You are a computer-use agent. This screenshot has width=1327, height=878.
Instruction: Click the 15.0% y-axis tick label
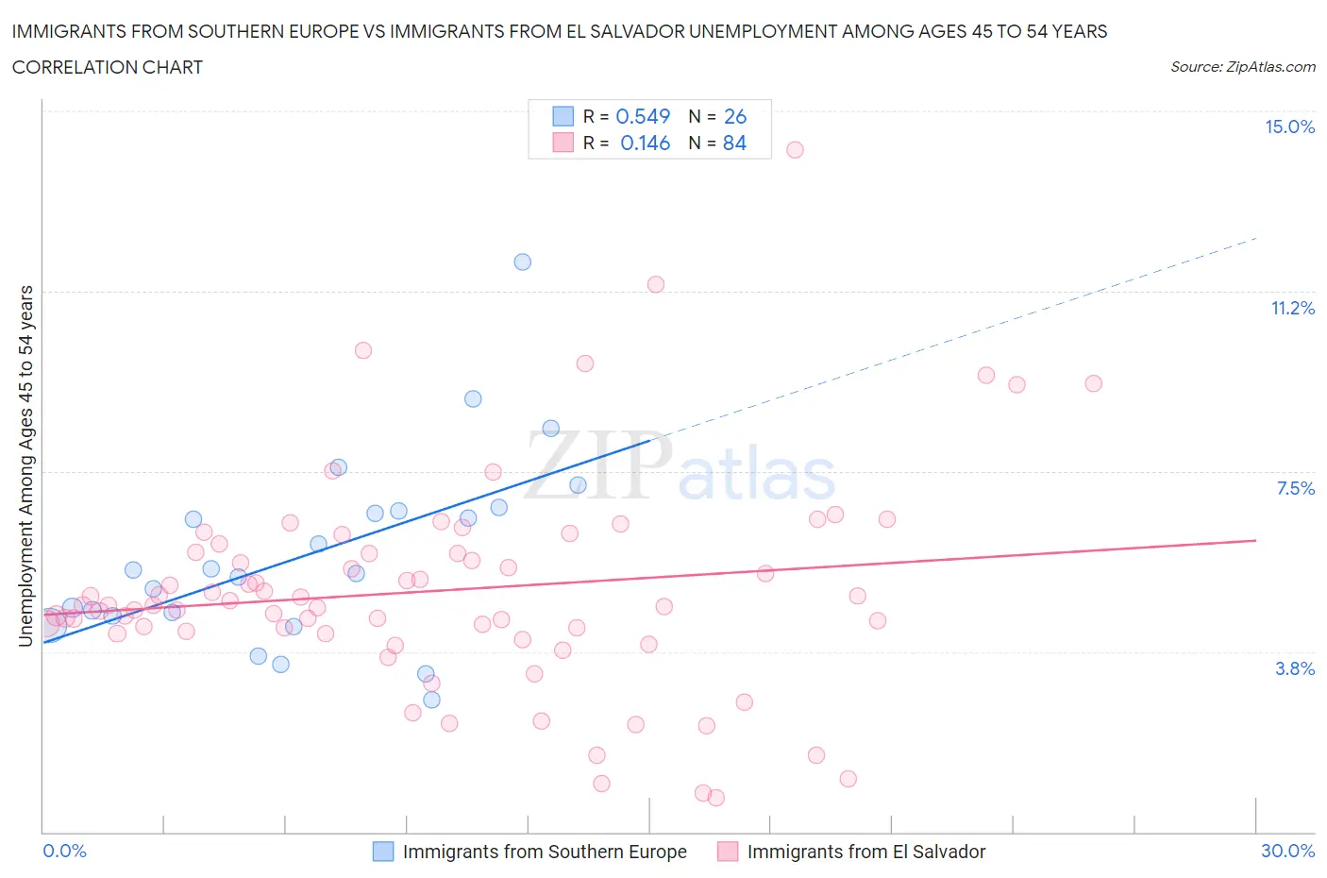pyautogui.click(x=1289, y=127)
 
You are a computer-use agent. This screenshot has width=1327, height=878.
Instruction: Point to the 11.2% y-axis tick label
pyautogui.click(x=1292, y=308)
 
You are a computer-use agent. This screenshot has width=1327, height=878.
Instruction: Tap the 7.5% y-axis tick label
pyautogui.click(x=1295, y=488)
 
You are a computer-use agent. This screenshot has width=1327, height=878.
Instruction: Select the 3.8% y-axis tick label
pyautogui.click(x=1294, y=668)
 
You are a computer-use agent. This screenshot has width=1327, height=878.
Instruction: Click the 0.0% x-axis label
pyautogui.click(x=64, y=851)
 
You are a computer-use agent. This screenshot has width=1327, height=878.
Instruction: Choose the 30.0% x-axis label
pyautogui.click(x=1287, y=851)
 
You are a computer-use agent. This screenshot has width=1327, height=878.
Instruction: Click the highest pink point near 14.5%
pyautogui.click(x=795, y=149)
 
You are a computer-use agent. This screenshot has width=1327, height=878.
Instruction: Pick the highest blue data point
pyautogui.click(x=522, y=262)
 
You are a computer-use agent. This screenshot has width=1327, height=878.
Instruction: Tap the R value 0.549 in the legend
pyautogui.click(x=643, y=116)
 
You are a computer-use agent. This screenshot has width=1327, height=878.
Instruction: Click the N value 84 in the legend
pyautogui.click(x=734, y=143)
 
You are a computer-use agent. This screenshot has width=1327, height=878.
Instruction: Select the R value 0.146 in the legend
pyautogui.click(x=645, y=143)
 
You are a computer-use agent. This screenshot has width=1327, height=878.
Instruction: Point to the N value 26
pyautogui.click(x=734, y=116)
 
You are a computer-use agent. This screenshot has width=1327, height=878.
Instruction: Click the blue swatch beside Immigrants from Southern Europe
pyautogui.click(x=383, y=852)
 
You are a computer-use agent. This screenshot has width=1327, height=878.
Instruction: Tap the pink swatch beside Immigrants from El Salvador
pyautogui.click(x=727, y=852)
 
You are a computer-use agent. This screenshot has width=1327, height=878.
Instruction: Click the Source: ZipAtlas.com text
pyautogui.click(x=1242, y=66)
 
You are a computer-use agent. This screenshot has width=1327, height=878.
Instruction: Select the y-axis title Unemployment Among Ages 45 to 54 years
pyautogui.click(x=25, y=465)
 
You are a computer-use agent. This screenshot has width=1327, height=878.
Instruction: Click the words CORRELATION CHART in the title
pyautogui.click(x=108, y=67)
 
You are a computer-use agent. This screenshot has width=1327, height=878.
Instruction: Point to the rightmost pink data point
pyautogui.click(x=1093, y=383)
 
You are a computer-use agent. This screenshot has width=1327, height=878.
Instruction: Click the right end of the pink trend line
pyautogui.click(x=1255, y=540)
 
